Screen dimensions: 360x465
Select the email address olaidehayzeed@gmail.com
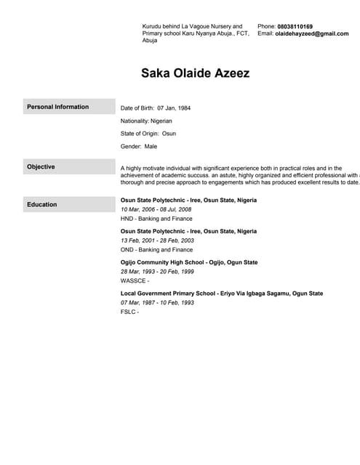tap(312, 33)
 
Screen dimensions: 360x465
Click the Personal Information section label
tap(58, 107)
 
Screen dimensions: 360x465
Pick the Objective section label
tap(41, 167)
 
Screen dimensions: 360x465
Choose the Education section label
tap(41, 204)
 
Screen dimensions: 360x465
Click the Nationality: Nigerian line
tap(146, 121)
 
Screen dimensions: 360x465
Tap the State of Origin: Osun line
tap(148, 134)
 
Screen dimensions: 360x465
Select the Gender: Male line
tap(139, 147)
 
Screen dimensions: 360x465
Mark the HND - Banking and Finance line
tap(156, 218)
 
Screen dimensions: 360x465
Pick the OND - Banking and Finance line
tap(156, 249)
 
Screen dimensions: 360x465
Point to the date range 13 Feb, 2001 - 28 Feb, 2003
tap(157, 240)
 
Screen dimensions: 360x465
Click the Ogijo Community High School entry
tap(189, 262)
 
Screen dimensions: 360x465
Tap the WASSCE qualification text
tap(135, 280)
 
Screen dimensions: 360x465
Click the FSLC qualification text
tap(129, 312)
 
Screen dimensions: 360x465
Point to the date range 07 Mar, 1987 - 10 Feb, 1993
tap(157, 302)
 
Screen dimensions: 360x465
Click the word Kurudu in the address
tap(153, 26)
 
